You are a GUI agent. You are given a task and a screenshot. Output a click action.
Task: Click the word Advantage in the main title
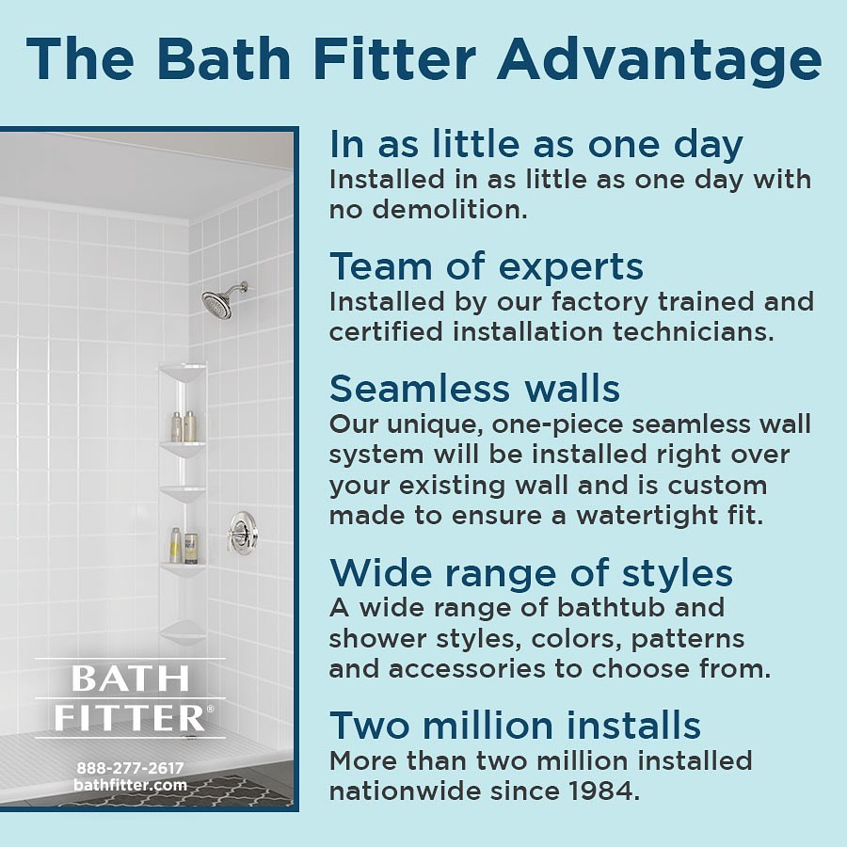(x=659, y=60)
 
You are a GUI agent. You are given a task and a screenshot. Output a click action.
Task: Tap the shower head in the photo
(x=219, y=304)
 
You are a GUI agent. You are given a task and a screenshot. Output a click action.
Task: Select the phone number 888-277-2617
(x=130, y=768)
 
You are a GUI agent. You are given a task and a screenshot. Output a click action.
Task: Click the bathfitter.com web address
(x=130, y=785)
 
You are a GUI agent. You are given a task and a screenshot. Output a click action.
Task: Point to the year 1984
(x=603, y=791)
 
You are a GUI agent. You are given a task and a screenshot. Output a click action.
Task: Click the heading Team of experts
(x=487, y=266)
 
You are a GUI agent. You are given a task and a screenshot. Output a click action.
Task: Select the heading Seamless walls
(x=474, y=389)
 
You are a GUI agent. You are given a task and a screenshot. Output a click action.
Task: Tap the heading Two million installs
(x=515, y=725)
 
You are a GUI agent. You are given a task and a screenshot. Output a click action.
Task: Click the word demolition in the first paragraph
(x=450, y=210)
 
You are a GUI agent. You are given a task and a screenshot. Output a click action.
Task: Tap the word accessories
(x=467, y=669)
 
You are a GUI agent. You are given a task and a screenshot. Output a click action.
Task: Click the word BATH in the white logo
(x=130, y=679)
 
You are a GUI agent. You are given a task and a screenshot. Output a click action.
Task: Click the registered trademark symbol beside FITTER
(x=210, y=708)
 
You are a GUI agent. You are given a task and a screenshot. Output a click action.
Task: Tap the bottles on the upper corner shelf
(x=184, y=426)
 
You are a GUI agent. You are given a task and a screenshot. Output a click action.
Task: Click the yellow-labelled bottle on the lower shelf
(x=176, y=546)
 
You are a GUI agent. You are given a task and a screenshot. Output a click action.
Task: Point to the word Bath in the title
(x=224, y=59)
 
